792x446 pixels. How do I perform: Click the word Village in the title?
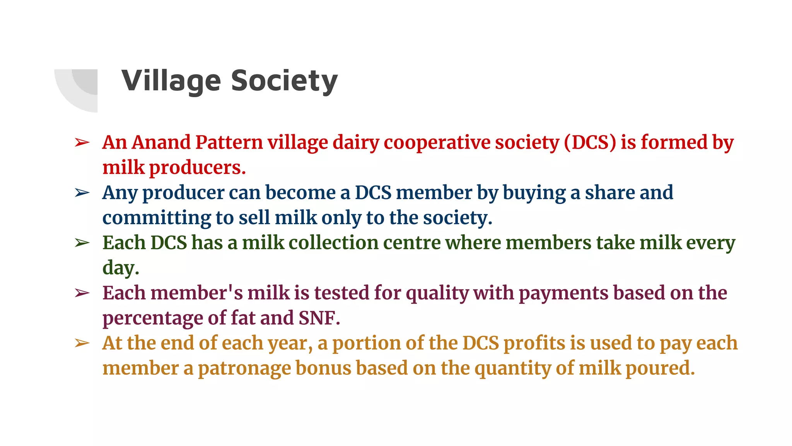171,81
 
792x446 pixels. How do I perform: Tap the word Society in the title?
284,81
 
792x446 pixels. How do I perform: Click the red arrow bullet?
82,143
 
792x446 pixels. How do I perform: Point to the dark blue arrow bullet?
82,193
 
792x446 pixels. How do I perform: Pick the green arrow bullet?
82,243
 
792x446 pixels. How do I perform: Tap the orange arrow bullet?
82,343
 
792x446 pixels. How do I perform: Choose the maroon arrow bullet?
82,293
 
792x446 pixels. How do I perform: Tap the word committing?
157,218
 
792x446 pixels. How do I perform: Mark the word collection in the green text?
334,243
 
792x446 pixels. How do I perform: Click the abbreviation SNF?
319,318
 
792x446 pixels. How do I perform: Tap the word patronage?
244,368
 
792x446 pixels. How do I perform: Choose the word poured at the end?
660,368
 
